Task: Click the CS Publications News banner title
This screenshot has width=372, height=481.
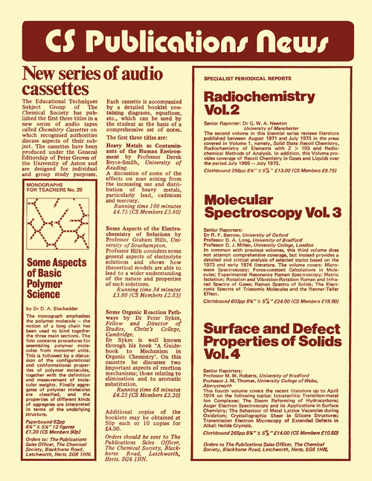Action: pyautogui.click(x=185, y=42)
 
